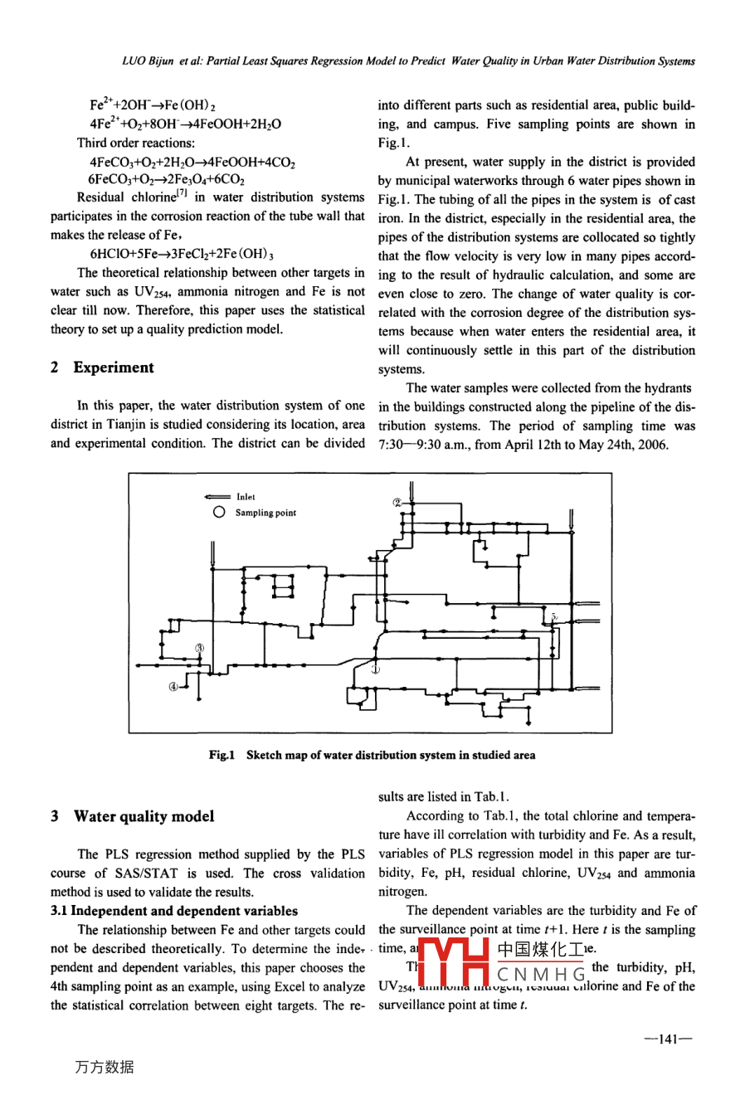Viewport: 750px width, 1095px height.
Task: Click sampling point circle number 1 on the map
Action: (375, 669)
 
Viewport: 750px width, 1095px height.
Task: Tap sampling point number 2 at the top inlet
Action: (397, 503)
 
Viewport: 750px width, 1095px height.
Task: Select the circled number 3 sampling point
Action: (199, 648)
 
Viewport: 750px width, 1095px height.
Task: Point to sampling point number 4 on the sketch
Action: (173, 686)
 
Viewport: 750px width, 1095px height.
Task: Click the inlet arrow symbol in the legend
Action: (217, 497)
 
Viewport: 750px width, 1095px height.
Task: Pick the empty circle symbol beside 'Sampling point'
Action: (219, 513)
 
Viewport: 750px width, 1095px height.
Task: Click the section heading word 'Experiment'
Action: (114, 367)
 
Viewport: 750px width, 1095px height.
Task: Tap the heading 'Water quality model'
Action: (144, 816)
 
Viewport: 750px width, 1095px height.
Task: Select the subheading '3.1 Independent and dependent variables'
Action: (174, 911)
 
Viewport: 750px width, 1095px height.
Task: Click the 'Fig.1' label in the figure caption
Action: (222, 755)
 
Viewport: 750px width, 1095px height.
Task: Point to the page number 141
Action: (669, 1038)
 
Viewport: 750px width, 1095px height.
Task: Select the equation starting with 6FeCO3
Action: (167, 179)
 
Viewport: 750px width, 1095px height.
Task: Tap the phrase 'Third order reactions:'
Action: (136, 143)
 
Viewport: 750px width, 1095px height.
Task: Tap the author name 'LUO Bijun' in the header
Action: (148, 61)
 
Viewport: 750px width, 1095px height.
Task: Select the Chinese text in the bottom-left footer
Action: (104, 1068)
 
